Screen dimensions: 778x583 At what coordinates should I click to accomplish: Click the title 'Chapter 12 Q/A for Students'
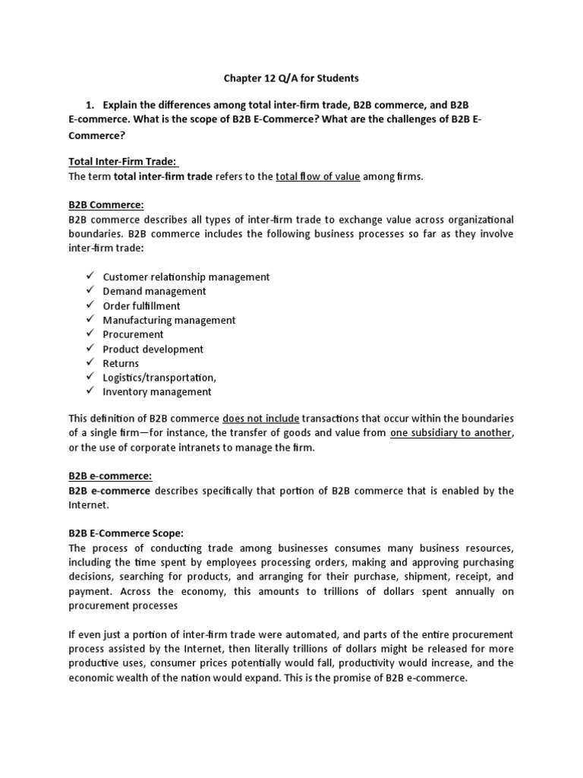click(x=291, y=77)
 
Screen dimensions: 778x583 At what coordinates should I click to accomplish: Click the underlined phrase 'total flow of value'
click(x=317, y=176)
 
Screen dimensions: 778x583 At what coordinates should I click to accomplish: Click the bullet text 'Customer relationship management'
click(x=186, y=277)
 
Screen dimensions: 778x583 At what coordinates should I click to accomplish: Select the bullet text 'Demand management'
click(x=154, y=291)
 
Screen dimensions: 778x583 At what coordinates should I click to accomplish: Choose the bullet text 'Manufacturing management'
click(x=169, y=320)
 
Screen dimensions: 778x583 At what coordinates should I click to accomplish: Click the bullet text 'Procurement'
click(x=133, y=334)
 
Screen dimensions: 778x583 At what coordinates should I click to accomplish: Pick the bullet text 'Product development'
click(x=153, y=349)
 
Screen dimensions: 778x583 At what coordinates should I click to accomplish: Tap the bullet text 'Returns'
click(x=121, y=363)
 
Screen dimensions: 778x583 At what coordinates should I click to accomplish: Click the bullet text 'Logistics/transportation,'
click(x=159, y=378)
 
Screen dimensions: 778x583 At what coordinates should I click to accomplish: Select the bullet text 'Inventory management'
click(x=157, y=392)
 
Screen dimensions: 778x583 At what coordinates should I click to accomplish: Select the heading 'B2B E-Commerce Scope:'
click(x=128, y=533)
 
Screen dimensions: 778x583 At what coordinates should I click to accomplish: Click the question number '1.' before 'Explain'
click(x=93, y=104)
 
